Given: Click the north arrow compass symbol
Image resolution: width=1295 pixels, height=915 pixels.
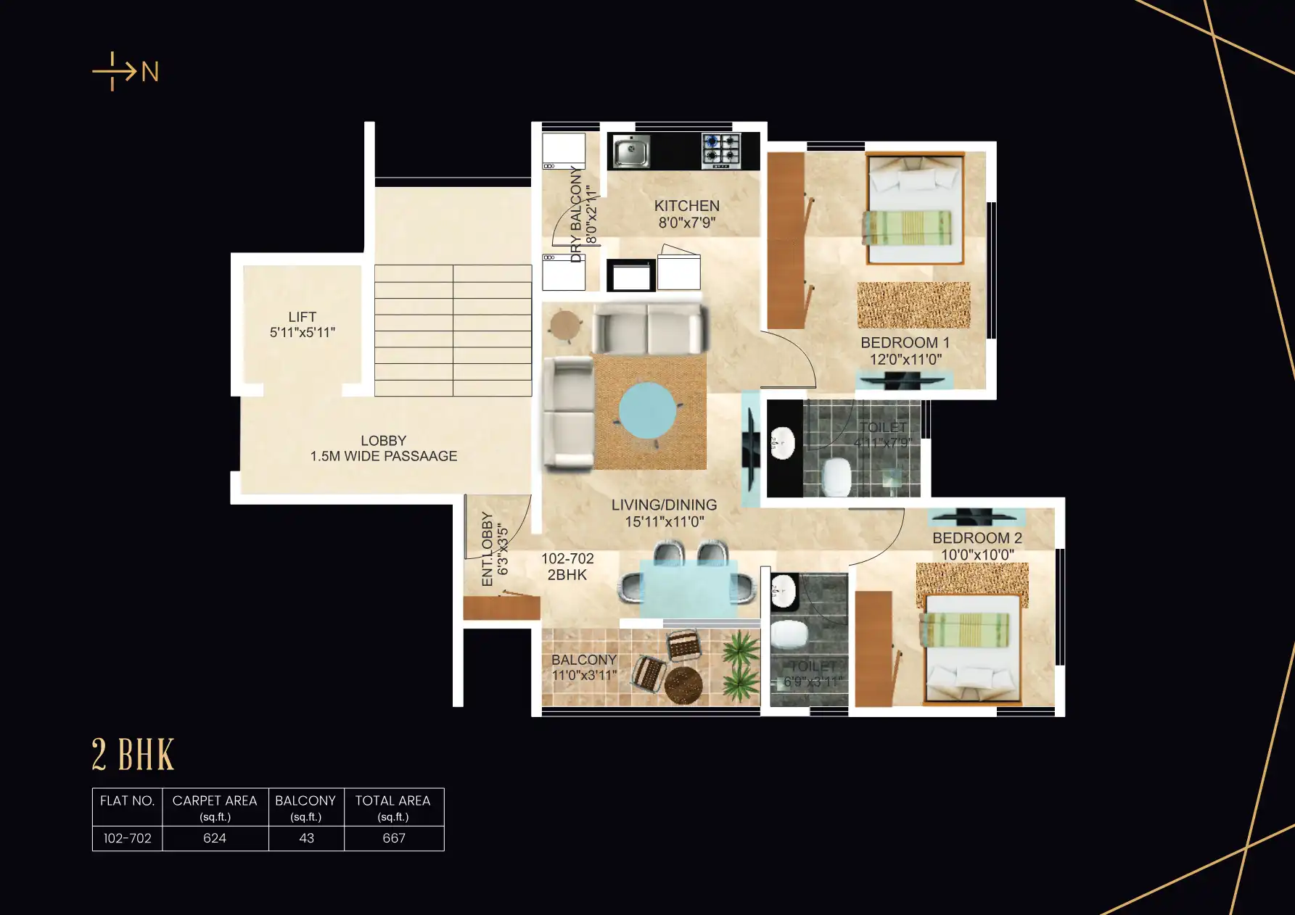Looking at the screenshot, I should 124,71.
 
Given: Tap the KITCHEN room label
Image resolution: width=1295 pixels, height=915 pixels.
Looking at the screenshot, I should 686,206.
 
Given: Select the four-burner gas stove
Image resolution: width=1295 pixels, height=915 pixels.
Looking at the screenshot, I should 720,151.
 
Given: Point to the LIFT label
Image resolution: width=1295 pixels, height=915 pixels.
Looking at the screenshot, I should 302,317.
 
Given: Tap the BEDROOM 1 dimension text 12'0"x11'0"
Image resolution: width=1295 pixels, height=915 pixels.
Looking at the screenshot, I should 905,359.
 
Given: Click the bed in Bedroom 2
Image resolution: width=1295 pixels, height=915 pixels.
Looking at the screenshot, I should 971,649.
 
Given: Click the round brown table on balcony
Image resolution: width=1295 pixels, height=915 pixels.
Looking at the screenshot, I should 683,684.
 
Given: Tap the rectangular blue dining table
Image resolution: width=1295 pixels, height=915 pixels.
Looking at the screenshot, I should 688,588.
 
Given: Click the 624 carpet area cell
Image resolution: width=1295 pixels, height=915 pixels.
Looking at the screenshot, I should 215,838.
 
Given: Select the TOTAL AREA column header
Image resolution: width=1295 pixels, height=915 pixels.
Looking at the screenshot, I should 392,800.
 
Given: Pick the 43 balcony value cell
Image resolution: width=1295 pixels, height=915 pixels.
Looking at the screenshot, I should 306,838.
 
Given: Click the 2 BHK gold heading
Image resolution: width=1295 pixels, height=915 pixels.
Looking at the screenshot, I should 133,755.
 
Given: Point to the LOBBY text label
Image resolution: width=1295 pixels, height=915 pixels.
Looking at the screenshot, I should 383,441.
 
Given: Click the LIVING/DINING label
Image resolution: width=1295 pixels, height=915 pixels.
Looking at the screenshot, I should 664,505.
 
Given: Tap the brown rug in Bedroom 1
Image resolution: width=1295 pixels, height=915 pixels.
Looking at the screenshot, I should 913,305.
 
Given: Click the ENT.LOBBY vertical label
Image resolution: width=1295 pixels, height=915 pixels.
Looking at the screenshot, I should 487,549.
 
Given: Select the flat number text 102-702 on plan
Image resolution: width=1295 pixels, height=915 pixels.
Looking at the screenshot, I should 567,558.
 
